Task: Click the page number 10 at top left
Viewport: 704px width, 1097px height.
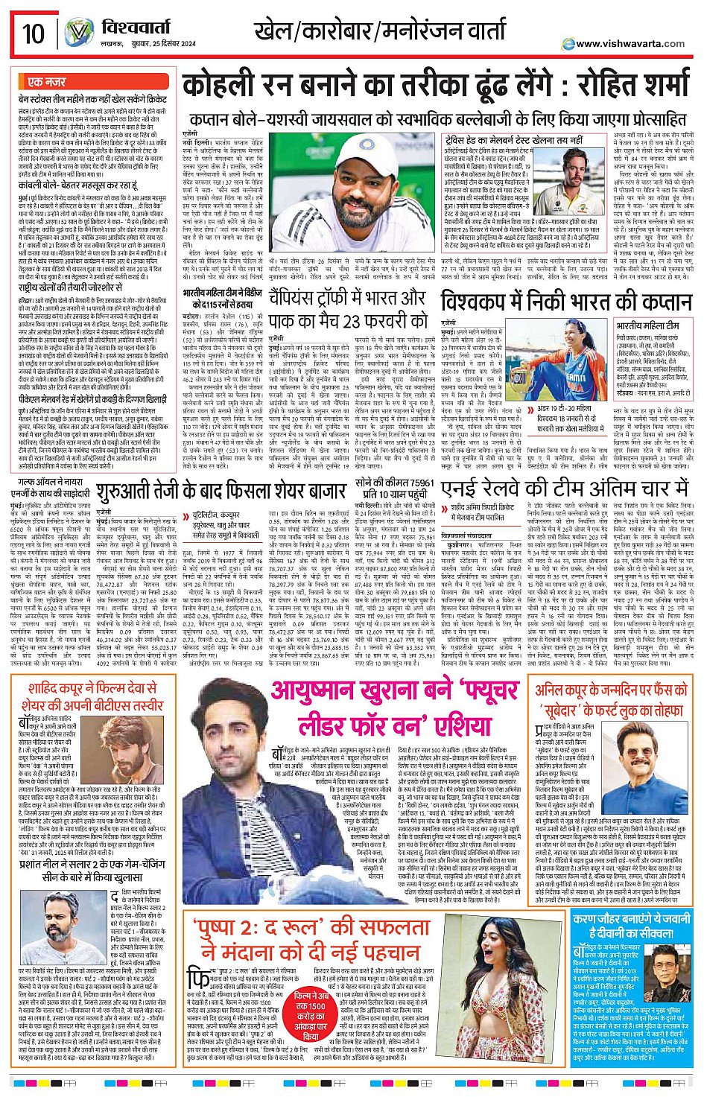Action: (x=33, y=34)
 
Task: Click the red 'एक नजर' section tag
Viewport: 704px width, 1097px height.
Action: (x=46, y=81)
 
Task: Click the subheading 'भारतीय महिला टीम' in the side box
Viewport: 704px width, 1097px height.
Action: (x=647, y=325)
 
